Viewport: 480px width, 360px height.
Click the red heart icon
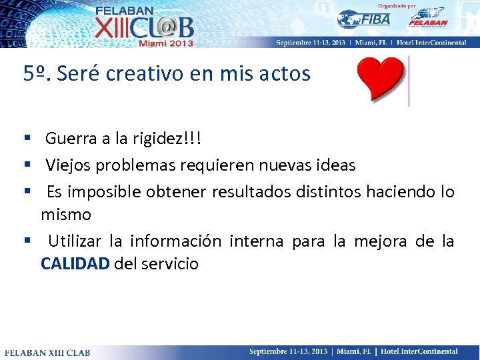click(381, 79)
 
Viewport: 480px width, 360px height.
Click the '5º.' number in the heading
click(37, 73)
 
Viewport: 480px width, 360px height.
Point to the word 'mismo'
click(66, 215)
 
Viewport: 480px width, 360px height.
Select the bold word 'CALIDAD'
click(75, 263)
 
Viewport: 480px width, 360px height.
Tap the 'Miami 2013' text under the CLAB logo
click(165, 43)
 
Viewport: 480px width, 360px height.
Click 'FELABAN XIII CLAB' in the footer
click(43, 352)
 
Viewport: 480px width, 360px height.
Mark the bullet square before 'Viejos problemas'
click(27, 163)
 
